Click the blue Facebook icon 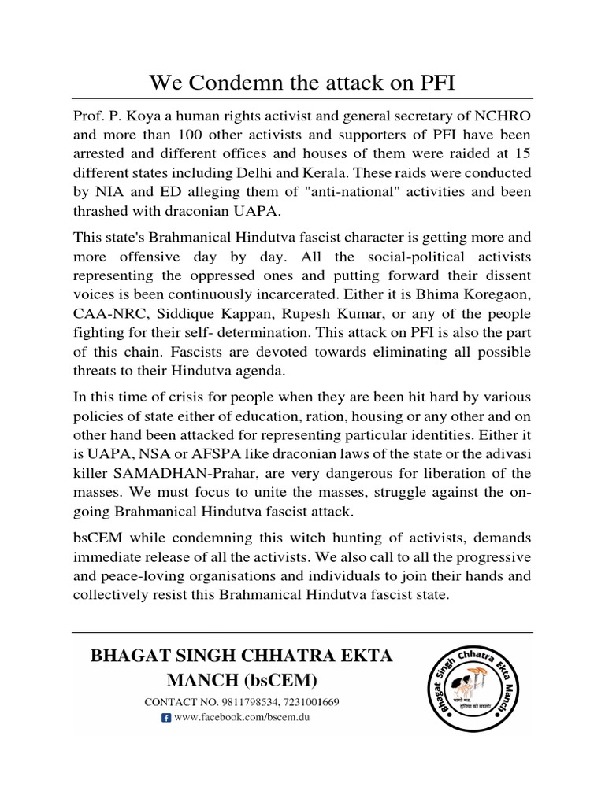pos(165,718)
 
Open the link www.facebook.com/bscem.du pos(238,718)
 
